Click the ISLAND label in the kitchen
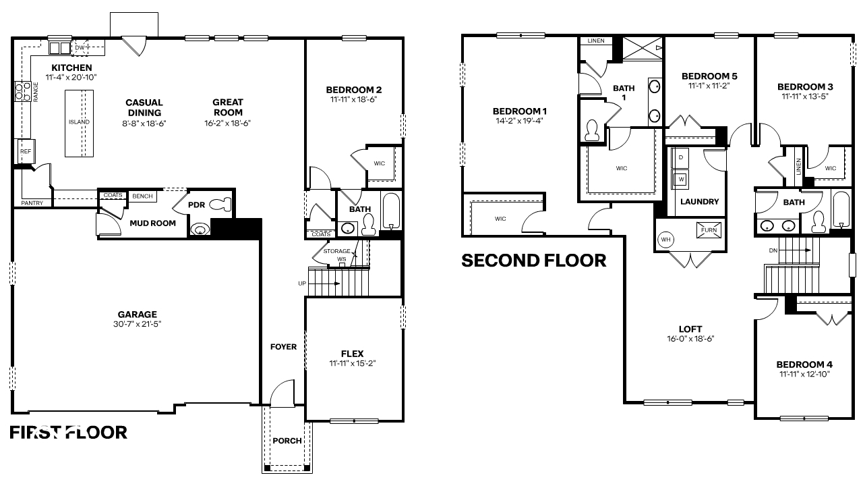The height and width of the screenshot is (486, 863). (x=79, y=122)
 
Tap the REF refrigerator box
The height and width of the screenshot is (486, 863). (x=26, y=152)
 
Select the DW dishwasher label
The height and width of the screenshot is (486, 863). (x=80, y=47)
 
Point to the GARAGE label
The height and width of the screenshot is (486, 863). (x=137, y=314)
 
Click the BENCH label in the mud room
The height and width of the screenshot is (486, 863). (x=142, y=196)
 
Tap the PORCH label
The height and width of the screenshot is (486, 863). (x=287, y=441)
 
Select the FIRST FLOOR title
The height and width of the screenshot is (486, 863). (x=68, y=433)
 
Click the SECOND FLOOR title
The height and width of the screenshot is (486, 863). (x=533, y=261)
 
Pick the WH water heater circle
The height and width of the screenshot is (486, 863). (x=665, y=240)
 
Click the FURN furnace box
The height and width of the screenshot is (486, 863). (x=709, y=230)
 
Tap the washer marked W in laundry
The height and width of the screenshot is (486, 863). (x=681, y=180)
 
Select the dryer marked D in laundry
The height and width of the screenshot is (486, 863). (x=681, y=157)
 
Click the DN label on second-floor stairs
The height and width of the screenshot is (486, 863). (x=773, y=250)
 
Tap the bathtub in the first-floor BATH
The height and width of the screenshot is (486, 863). (x=391, y=212)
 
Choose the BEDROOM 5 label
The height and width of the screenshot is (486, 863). (x=709, y=76)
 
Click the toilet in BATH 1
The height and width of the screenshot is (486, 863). (x=593, y=130)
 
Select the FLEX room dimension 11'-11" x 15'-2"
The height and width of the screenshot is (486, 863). (x=352, y=363)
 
